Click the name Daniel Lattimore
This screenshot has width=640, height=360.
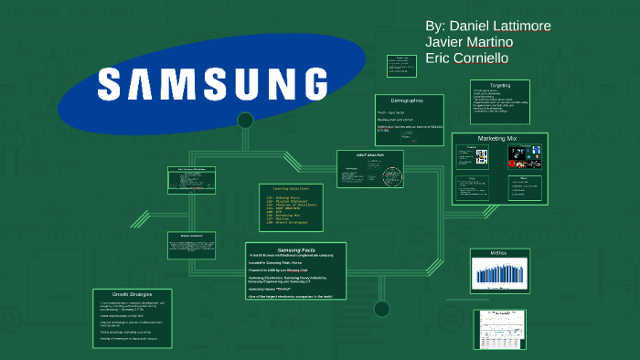(x=488, y=26)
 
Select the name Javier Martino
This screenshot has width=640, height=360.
(x=469, y=42)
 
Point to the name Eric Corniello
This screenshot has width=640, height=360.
(x=466, y=58)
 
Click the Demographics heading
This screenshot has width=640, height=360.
(x=406, y=100)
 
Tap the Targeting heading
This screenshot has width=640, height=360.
(x=500, y=85)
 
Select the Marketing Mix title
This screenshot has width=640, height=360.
(x=498, y=138)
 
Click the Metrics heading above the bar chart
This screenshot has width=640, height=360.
(x=498, y=253)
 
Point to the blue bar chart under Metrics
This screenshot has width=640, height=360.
(x=499, y=273)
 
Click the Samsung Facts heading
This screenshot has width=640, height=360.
(x=294, y=250)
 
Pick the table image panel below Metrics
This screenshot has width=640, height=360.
(x=499, y=329)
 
